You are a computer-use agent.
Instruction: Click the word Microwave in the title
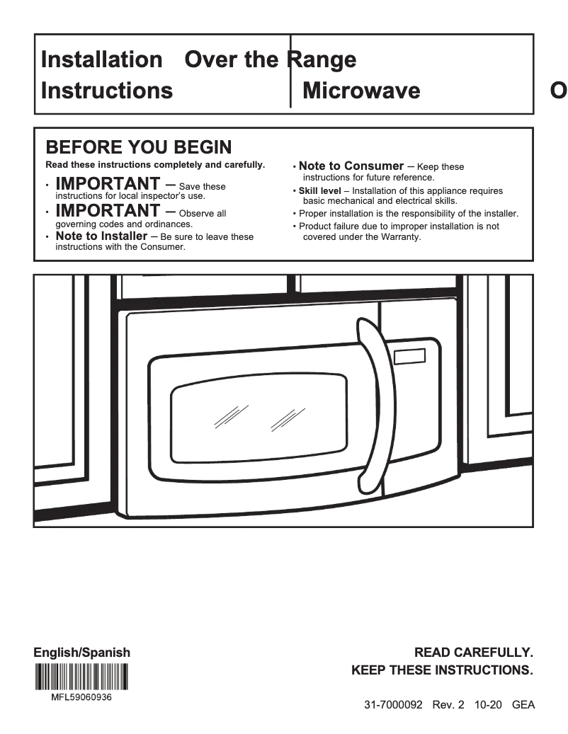(360, 91)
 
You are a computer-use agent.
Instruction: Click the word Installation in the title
(101, 59)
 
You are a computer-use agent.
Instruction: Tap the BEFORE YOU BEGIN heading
(138, 147)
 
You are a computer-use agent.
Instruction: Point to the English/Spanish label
(82, 653)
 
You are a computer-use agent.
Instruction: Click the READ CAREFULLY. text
(473, 652)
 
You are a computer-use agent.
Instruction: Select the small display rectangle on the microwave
(410, 357)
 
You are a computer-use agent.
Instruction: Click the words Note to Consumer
(351, 166)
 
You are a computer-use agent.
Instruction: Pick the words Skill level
(319, 191)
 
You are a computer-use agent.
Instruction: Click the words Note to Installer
(101, 236)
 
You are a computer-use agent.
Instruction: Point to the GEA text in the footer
(523, 705)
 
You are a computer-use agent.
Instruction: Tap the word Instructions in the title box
(107, 91)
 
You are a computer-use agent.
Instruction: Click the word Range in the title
(322, 59)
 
